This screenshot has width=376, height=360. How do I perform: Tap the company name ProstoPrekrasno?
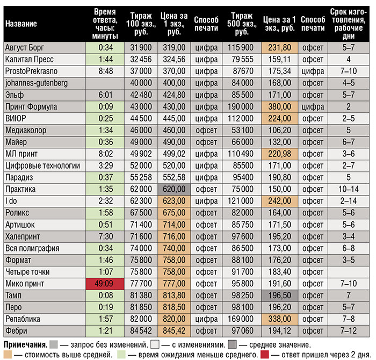click(x=31, y=71)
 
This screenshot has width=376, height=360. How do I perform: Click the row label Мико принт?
click(x=24, y=283)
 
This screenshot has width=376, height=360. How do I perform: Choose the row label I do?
click(x=11, y=200)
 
